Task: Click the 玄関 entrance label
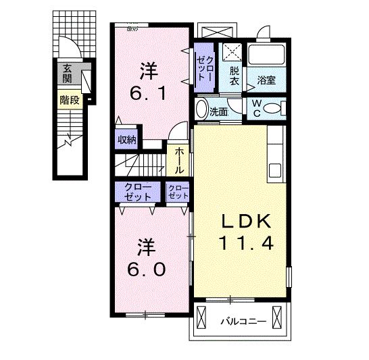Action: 67,74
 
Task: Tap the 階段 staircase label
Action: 70,101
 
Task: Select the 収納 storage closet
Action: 126,139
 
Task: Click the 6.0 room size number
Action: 146,269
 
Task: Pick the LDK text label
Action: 246,222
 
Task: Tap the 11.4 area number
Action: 246,242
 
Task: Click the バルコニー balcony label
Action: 243,322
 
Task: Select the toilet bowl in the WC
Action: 272,109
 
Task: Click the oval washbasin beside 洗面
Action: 201,109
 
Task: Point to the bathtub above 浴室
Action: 266,54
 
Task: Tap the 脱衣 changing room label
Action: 235,76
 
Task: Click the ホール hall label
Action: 179,161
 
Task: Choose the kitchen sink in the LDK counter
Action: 275,170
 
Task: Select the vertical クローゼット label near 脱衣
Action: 205,68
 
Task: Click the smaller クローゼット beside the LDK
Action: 178,192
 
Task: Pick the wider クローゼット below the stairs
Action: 138,192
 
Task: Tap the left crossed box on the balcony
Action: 201,317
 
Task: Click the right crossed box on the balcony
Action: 277,317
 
